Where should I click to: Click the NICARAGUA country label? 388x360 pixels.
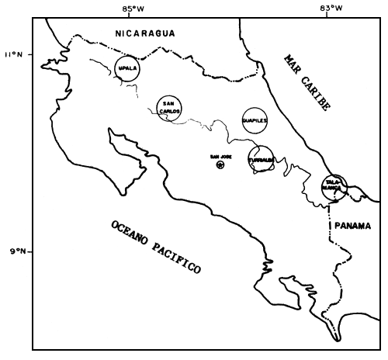(x=144, y=33)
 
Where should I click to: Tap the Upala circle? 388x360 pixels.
(x=127, y=68)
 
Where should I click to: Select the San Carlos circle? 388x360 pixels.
(x=170, y=108)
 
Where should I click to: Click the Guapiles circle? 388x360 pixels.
(x=255, y=120)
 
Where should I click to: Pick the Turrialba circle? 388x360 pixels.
(x=262, y=158)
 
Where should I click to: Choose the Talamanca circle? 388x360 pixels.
(x=334, y=186)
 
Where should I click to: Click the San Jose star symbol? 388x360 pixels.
(x=220, y=164)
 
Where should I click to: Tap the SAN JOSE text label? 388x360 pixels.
(x=220, y=156)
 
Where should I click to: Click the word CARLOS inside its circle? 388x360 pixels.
(x=170, y=111)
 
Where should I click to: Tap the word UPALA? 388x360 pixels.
(x=127, y=68)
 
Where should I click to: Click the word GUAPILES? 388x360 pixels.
(x=255, y=121)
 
